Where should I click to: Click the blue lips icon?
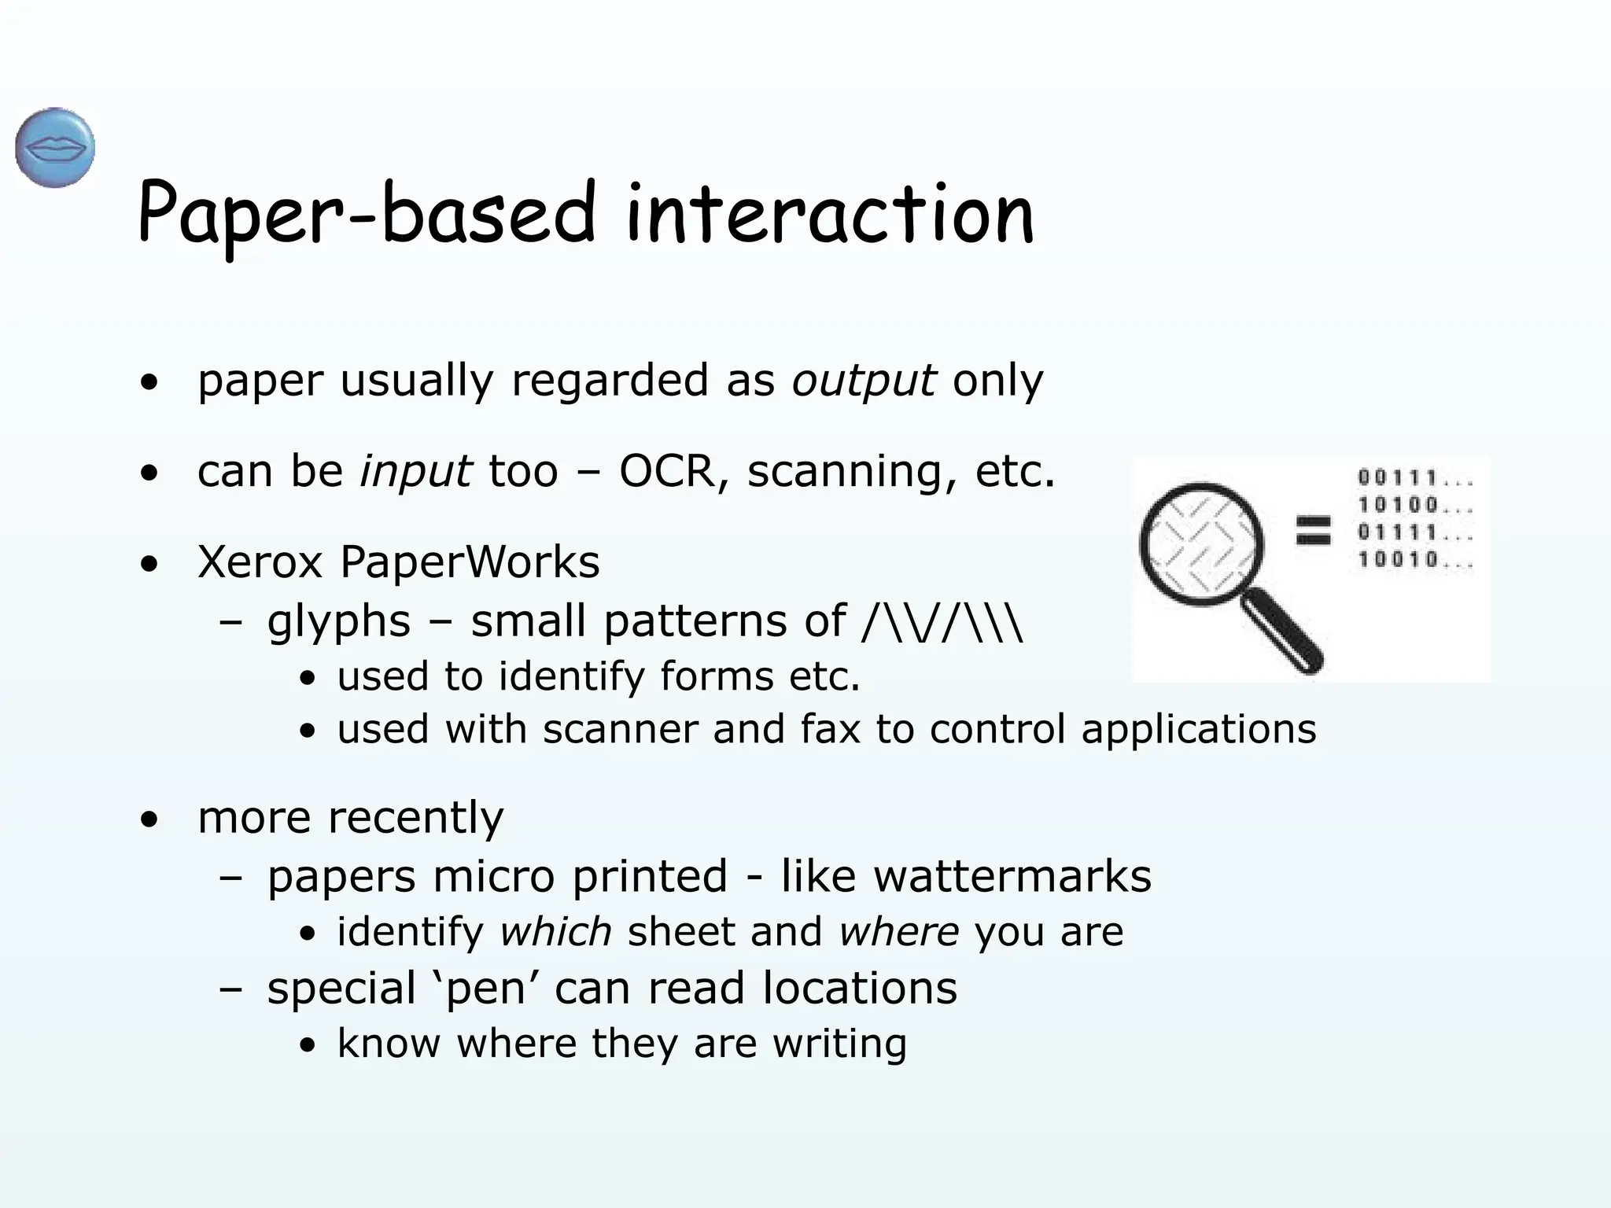pos(55,148)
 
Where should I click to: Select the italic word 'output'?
pos(864,381)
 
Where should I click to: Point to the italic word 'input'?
pos(415,472)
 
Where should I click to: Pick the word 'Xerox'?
pos(260,562)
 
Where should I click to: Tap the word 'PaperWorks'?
pos(470,562)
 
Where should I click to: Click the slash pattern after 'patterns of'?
pos(943,622)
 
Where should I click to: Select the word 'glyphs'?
pos(339,622)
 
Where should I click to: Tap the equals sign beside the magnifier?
pos(1314,530)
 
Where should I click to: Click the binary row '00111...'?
pos(1414,478)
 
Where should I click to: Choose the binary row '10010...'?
pos(1414,560)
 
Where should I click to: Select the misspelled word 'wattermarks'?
pos(1012,876)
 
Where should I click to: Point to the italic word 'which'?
pos(555,932)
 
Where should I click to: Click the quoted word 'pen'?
pos(485,989)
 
